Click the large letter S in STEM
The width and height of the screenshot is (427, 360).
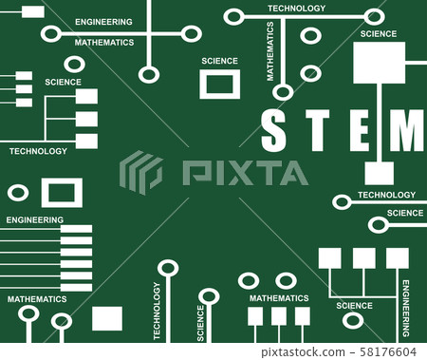(x=273, y=131)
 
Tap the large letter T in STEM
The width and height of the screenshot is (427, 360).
(x=317, y=131)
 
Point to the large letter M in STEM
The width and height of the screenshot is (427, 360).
(x=407, y=131)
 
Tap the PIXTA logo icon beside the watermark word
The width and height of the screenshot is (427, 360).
(x=140, y=173)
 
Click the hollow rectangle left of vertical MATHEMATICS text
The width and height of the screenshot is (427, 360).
(x=219, y=85)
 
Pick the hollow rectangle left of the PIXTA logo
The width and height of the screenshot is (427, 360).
(x=62, y=193)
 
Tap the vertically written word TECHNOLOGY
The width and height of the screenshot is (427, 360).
(x=157, y=311)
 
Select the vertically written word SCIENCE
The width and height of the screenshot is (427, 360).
(x=201, y=323)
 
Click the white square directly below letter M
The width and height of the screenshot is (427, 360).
(x=379, y=173)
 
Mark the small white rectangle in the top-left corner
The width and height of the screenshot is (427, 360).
(x=32, y=11)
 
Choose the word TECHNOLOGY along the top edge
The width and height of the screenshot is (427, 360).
(x=296, y=8)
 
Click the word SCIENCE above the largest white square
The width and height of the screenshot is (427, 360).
(x=379, y=33)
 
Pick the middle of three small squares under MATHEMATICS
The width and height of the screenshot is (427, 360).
(x=279, y=316)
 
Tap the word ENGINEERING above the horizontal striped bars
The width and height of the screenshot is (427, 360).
(x=35, y=219)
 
